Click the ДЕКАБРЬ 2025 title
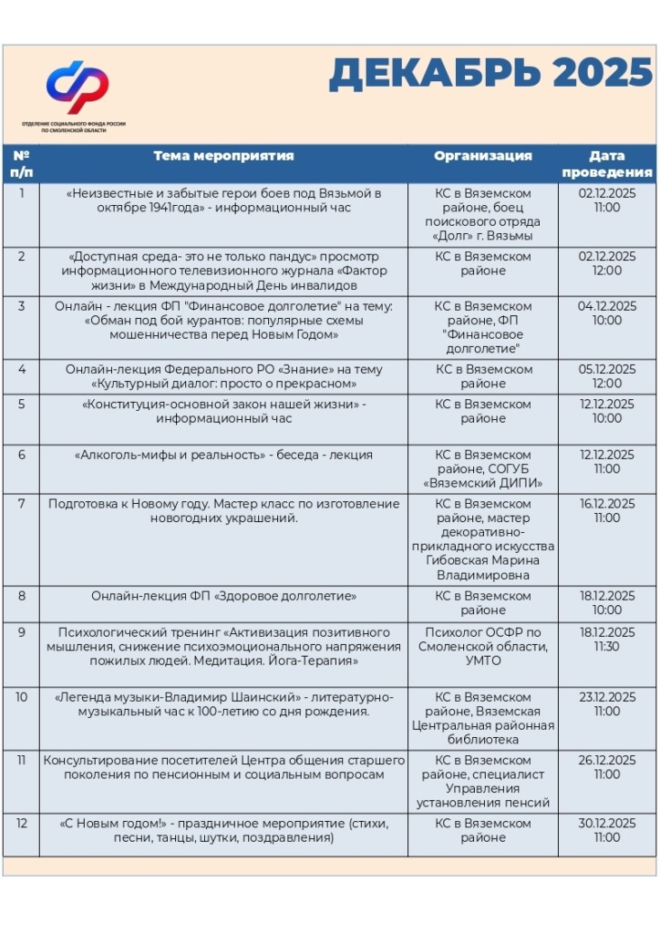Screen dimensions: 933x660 pyautogui.click(x=490, y=74)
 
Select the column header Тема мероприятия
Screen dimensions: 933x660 pyautogui.click(x=223, y=156)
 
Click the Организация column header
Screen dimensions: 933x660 pyautogui.click(x=482, y=156)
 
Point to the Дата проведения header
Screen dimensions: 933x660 pyautogui.click(x=606, y=164)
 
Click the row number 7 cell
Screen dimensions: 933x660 pyautogui.click(x=21, y=504)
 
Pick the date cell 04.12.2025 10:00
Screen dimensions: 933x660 pyautogui.click(x=606, y=313)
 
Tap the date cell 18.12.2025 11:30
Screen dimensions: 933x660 pyautogui.click(x=606, y=639)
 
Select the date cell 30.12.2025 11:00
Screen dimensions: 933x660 pyautogui.click(x=606, y=830)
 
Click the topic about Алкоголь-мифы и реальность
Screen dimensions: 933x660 pyautogui.click(x=223, y=455)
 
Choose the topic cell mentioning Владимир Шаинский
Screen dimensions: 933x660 pyautogui.click(x=223, y=704)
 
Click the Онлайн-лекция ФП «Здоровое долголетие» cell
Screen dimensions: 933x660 pyautogui.click(x=223, y=596)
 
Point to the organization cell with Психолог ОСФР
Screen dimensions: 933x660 pyautogui.click(x=482, y=646)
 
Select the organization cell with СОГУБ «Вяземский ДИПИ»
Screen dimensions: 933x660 pyautogui.click(x=482, y=468)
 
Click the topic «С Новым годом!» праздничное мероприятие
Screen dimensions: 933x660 pyautogui.click(x=223, y=830)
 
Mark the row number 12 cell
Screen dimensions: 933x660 pyautogui.click(x=21, y=823)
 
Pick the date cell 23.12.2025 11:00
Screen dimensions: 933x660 pyautogui.click(x=606, y=704)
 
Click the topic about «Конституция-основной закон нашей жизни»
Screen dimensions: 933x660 pyautogui.click(x=223, y=411)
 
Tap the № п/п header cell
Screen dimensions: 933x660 pyautogui.click(x=21, y=163)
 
